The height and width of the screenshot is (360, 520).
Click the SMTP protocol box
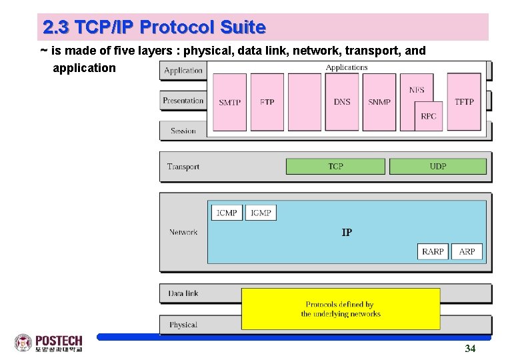coord(229,102)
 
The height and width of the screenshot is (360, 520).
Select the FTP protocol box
coord(267,102)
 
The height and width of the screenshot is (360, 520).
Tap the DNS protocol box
coord(342,102)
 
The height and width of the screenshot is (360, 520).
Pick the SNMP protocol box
coord(379,102)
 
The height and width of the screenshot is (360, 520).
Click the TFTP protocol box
coord(464,102)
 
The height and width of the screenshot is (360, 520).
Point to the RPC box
coord(429,116)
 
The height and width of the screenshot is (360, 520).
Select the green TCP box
coord(335,166)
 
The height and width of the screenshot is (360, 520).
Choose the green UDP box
coord(437,166)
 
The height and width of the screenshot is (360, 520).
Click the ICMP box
coord(227,213)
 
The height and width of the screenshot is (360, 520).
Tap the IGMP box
coord(261,213)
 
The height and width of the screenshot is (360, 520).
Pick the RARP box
coord(433,251)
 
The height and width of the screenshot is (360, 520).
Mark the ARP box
coord(467,251)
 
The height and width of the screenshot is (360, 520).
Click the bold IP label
coord(347,233)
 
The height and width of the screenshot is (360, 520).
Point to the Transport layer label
coord(183,167)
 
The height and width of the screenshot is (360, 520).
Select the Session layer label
coord(183,131)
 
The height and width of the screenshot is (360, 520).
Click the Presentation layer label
coord(183,101)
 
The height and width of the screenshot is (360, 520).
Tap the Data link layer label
coord(183,293)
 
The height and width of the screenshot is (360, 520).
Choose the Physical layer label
coord(183,325)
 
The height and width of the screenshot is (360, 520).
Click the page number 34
coord(470,349)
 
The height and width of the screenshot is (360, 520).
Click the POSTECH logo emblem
coord(23,343)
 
